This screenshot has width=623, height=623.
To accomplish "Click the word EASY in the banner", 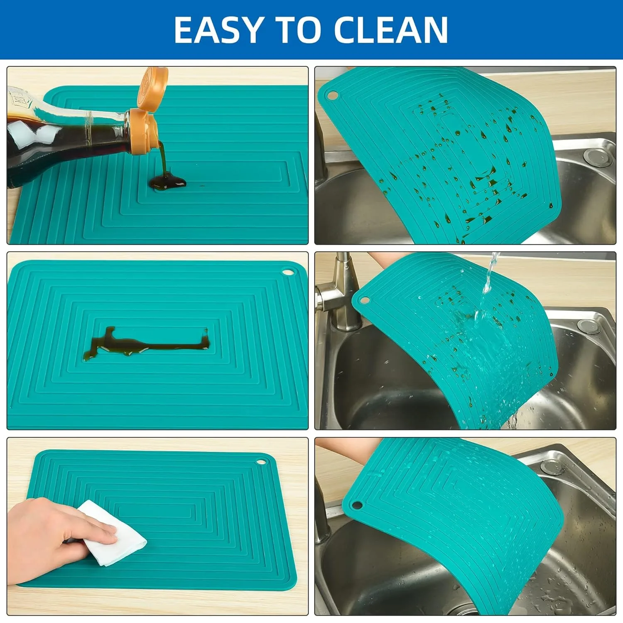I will click(218, 29).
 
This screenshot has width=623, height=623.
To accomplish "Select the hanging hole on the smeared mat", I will click(287, 273).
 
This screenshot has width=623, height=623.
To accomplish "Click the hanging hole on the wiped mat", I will click(261, 461).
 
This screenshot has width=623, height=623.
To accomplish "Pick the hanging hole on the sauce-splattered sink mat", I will click(332, 96).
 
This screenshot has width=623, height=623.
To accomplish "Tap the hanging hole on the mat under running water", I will click(364, 300).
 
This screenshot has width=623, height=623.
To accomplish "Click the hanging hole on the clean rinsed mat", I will click(356, 505).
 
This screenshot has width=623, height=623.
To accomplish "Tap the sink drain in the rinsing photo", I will click(589, 327).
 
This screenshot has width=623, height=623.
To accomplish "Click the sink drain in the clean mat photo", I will click(552, 467).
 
